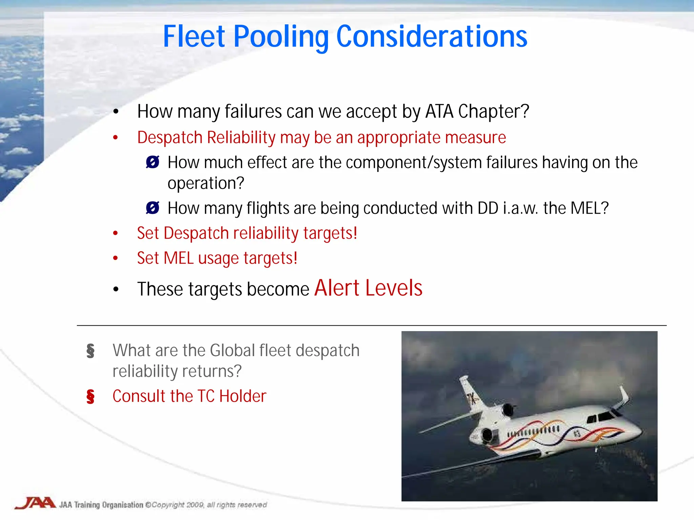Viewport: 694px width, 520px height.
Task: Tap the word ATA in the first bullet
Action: click(439, 111)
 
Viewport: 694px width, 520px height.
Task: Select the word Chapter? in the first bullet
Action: click(494, 111)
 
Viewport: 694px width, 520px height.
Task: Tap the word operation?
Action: click(206, 183)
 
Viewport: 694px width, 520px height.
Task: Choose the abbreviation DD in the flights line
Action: click(488, 208)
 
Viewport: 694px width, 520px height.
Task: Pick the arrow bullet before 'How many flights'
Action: click(152, 208)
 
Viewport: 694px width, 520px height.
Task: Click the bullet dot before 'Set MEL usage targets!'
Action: click(116, 258)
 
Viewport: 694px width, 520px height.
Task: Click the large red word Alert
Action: click(337, 288)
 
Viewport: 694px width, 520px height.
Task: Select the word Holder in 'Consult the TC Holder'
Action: click(243, 396)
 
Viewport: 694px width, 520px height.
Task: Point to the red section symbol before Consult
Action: click(90, 396)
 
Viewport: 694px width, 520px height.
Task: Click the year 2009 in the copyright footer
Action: click(195, 505)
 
